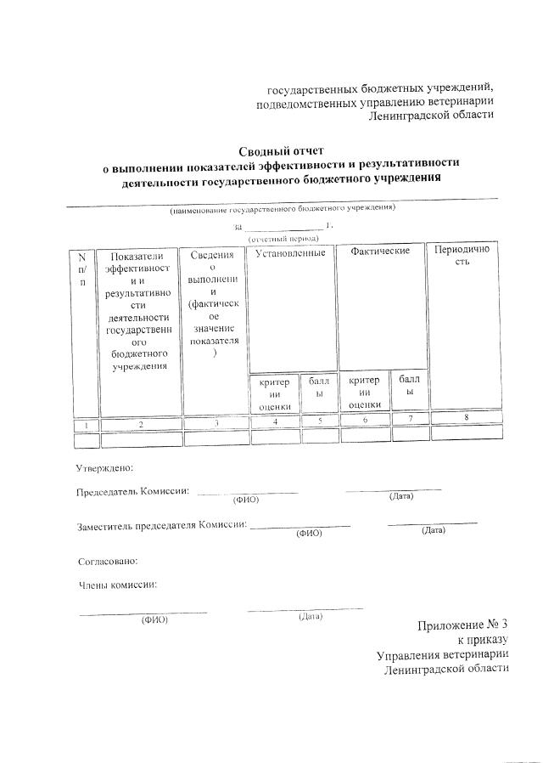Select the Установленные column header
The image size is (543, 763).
(x=290, y=253)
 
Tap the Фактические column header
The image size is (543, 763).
(x=379, y=252)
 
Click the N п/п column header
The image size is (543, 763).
(x=81, y=269)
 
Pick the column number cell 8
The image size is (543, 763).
(x=465, y=416)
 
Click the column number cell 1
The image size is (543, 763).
(x=86, y=424)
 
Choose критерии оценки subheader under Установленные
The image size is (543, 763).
(x=276, y=393)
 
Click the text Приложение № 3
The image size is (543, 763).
(x=462, y=626)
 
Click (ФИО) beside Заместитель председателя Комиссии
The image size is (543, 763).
(x=309, y=534)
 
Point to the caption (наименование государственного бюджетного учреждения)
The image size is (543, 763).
(x=282, y=208)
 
